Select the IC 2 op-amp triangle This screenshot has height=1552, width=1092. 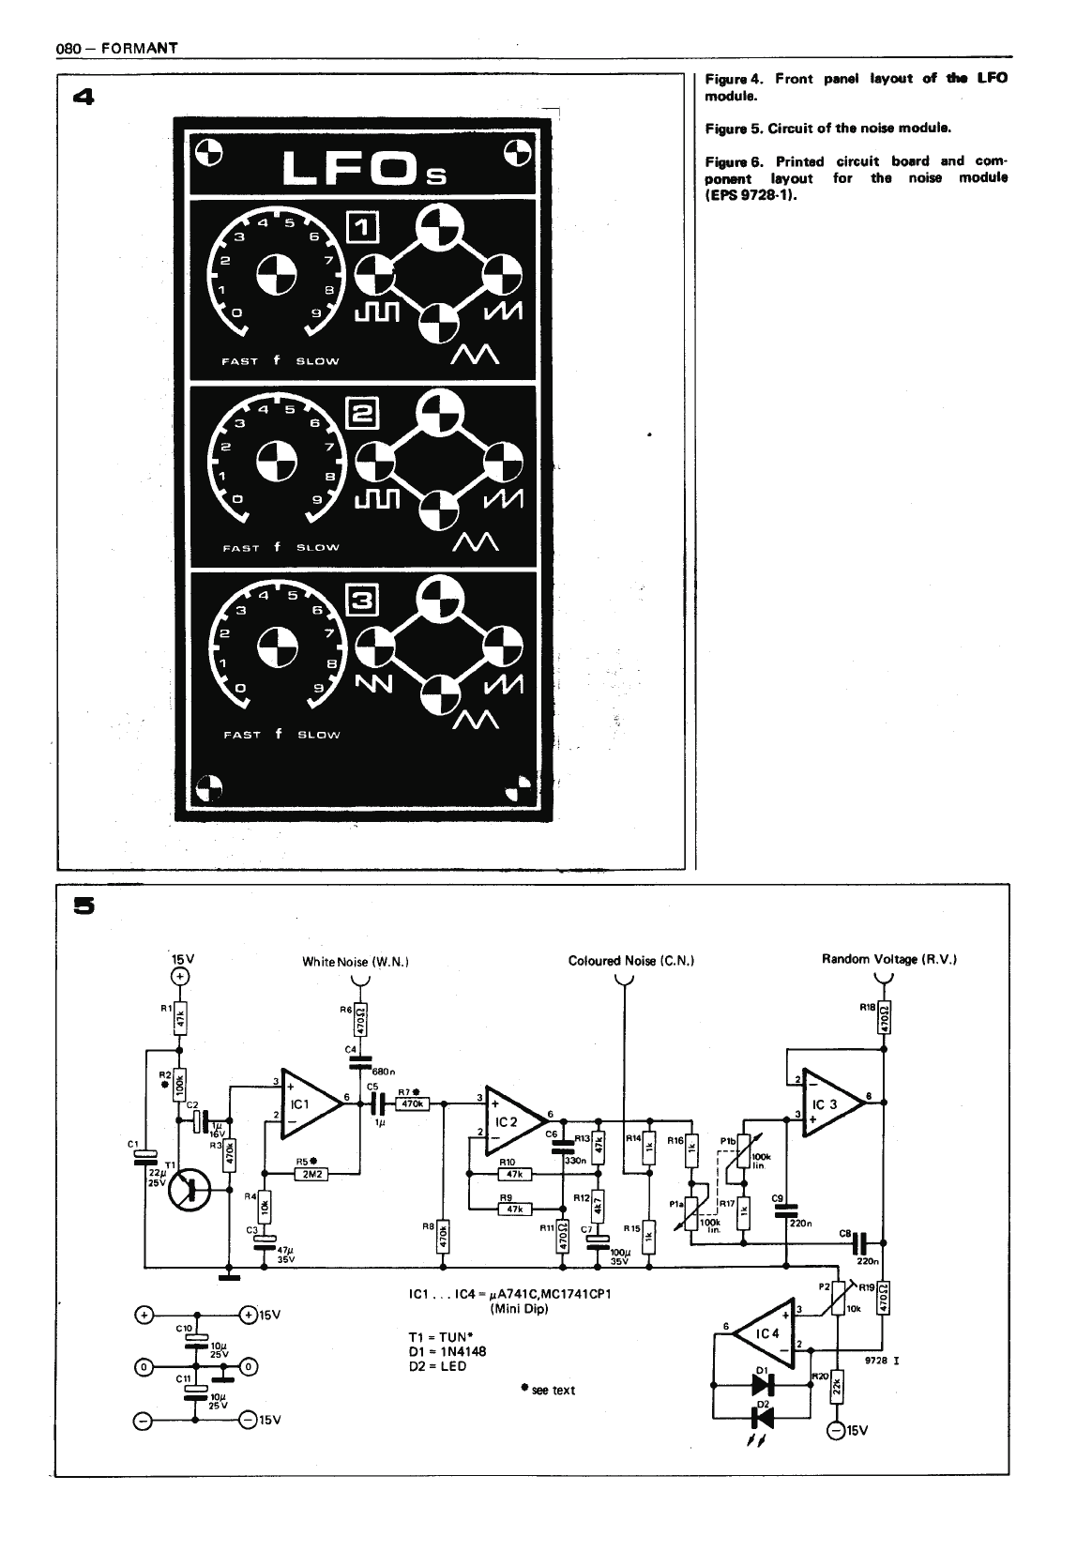pyautogui.click(x=512, y=1118)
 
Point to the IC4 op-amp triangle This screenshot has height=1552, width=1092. pyautogui.click(x=766, y=1333)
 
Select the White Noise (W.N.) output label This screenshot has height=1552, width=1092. pyautogui.click(x=356, y=961)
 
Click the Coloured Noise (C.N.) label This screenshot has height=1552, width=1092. pyautogui.click(x=630, y=961)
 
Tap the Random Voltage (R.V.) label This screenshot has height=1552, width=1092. pyautogui.click(x=888, y=959)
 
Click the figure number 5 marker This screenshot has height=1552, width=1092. pyautogui.click(x=85, y=905)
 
